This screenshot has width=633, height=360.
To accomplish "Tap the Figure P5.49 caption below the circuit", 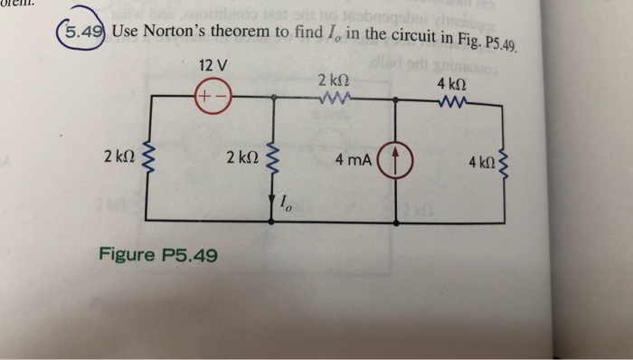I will point(159,256).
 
